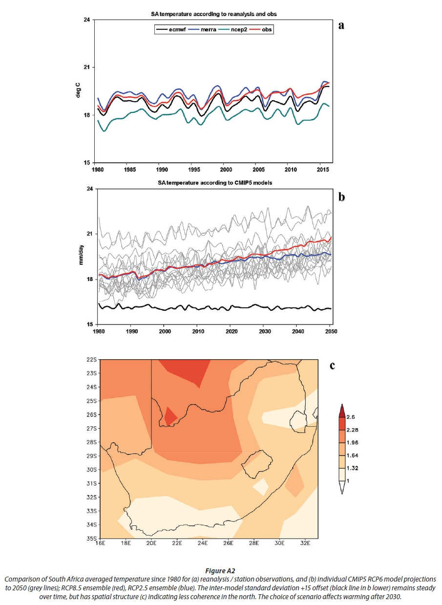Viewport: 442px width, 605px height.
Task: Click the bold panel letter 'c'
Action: pos(333,366)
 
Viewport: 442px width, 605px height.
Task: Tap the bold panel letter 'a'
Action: pos(342,25)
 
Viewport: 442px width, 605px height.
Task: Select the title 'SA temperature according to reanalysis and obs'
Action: pos(214,15)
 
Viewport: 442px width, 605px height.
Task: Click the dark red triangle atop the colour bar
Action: pos(342,410)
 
